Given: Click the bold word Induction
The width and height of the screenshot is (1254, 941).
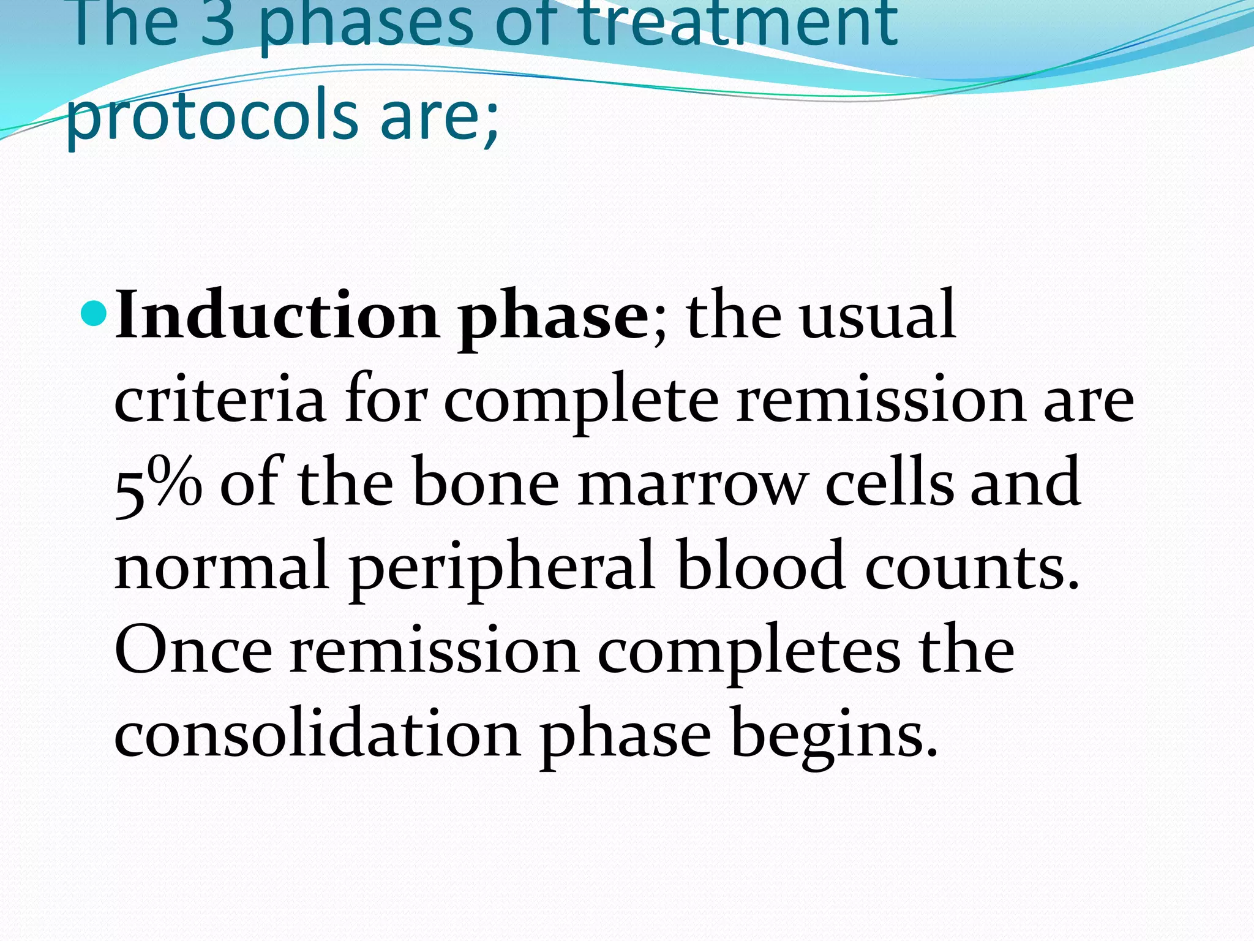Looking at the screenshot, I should click(277, 316).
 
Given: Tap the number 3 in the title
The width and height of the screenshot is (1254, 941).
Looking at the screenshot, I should click(218, 25).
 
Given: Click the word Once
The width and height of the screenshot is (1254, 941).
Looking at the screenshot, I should click(193, 651).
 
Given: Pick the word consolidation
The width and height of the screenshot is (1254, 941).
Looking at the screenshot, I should click(317, 734).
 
